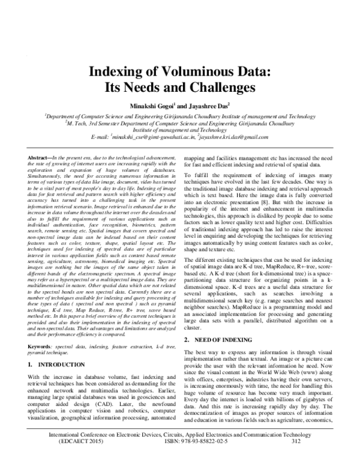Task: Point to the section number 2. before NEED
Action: click(x=189, y=339)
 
